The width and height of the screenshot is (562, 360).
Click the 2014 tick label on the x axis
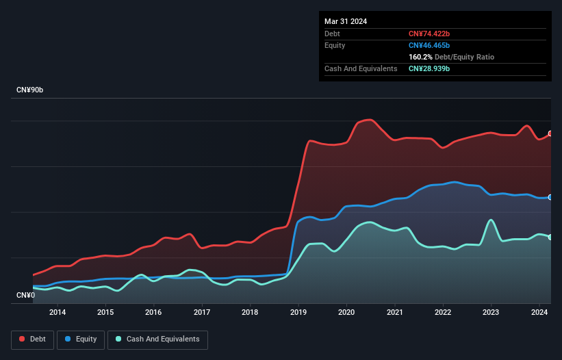(58, 313)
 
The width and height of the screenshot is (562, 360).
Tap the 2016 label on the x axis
(154, 313)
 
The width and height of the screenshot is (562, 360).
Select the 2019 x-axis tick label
(298, 313)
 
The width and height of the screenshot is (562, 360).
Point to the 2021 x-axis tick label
(395, 313)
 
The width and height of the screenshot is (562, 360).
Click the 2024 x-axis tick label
(539, 313)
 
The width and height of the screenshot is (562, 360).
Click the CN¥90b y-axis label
(31, 90)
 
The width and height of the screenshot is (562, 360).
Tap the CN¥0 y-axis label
(25, 296)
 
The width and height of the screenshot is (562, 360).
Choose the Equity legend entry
(81, 339)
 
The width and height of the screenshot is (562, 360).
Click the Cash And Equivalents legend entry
(157, 339)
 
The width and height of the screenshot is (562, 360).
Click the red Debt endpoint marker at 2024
(550, 133)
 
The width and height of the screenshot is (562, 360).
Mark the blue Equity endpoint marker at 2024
(550, 197)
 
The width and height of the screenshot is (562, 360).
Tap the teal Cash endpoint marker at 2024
(550, 237)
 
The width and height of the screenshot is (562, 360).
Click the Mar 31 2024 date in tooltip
(346, 21)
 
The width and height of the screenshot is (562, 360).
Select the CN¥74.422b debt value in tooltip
(429, 34)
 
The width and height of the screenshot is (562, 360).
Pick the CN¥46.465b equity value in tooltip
(429, 45)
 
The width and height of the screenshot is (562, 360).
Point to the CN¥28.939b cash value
(429, 68)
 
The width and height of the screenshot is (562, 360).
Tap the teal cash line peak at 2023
(491, 220)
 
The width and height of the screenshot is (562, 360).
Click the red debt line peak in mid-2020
(370, 120)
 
